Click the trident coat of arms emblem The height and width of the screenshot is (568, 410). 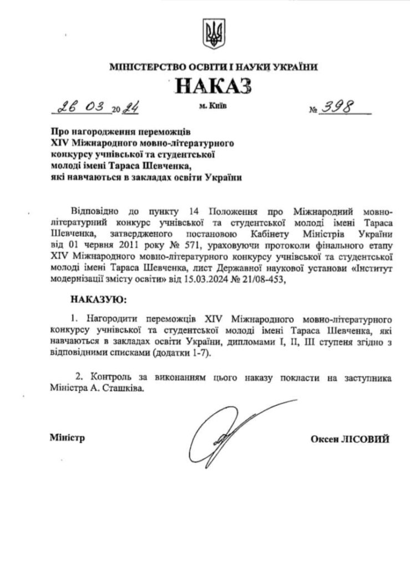[x=212, y=34]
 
